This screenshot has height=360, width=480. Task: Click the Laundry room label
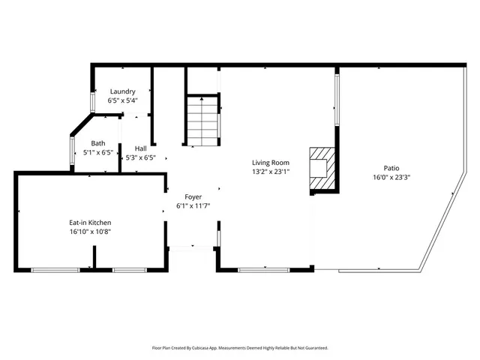(122, 91)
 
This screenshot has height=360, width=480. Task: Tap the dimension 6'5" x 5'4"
(122, 100)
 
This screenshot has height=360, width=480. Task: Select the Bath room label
(98, 143)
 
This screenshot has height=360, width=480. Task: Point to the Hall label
(140, 148)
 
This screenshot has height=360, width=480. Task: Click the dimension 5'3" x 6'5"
(139, 157)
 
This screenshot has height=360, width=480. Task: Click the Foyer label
(193, 196)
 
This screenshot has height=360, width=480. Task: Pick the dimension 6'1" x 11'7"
(193, 205)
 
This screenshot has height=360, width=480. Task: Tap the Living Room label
(271, 162)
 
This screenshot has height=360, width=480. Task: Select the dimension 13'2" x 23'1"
(271, 171)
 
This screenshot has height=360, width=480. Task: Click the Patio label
(391, 168)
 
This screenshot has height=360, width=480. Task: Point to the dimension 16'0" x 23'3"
(391, 178)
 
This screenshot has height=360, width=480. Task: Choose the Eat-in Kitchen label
(91, 223)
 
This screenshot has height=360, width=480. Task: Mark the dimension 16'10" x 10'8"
(91, 232)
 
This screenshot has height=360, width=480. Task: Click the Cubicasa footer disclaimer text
(240, 348)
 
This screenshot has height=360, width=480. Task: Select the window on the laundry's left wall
(93, 102)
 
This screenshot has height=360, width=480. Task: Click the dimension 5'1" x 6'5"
(98, 152)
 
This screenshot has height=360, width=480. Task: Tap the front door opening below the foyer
(193, 247)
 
